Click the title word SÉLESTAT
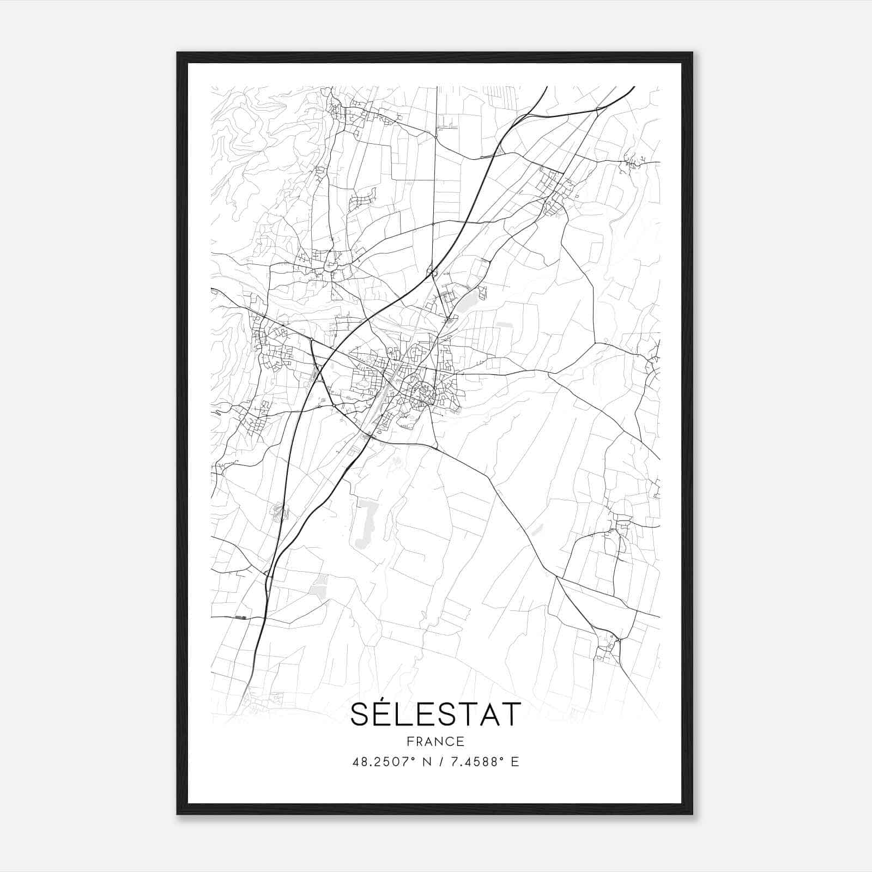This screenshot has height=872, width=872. tap(435, 714)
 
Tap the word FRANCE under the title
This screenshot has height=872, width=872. tap(435, 741)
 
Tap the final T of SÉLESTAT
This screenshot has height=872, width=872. tap(511, 714)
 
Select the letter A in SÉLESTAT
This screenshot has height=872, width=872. tap(488, 714)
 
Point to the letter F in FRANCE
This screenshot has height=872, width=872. tap(410, 741)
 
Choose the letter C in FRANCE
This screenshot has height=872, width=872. tap(450, 741)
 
